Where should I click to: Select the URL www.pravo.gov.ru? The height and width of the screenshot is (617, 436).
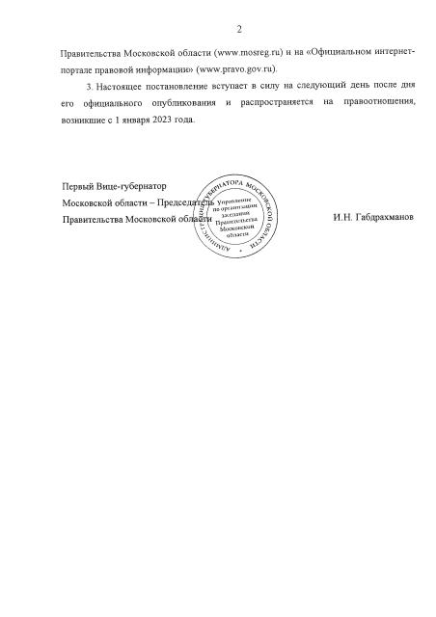[237, 69]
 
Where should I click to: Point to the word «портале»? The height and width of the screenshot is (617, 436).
[80, 69]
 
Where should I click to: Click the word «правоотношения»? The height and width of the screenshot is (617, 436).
[374, 103]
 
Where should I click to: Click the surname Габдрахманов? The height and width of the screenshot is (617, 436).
[372, 219]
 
